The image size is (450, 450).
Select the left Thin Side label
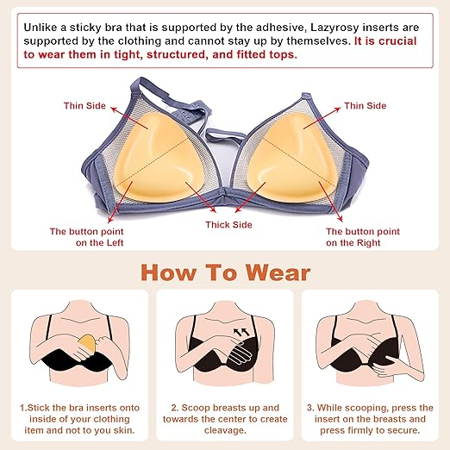pos(84,106)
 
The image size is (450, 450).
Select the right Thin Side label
pos(366,106)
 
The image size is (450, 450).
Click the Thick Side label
pos(228,225)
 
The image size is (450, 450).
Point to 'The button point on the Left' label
pos(86,237)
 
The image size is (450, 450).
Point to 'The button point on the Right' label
pos(363,237)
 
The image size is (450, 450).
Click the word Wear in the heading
pos(278,272)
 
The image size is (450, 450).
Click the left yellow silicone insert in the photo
pos(157,157)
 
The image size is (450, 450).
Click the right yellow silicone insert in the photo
pos(291,157)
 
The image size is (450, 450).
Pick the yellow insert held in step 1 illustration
pos(86,344)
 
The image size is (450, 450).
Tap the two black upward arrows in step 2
pos(241,332)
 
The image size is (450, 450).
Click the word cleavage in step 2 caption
pos(225,430)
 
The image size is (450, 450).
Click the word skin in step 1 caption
pos(124,430)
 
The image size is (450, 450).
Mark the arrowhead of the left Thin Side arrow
pos(114,109)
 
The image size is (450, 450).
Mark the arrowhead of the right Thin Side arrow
pos(337,109)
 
